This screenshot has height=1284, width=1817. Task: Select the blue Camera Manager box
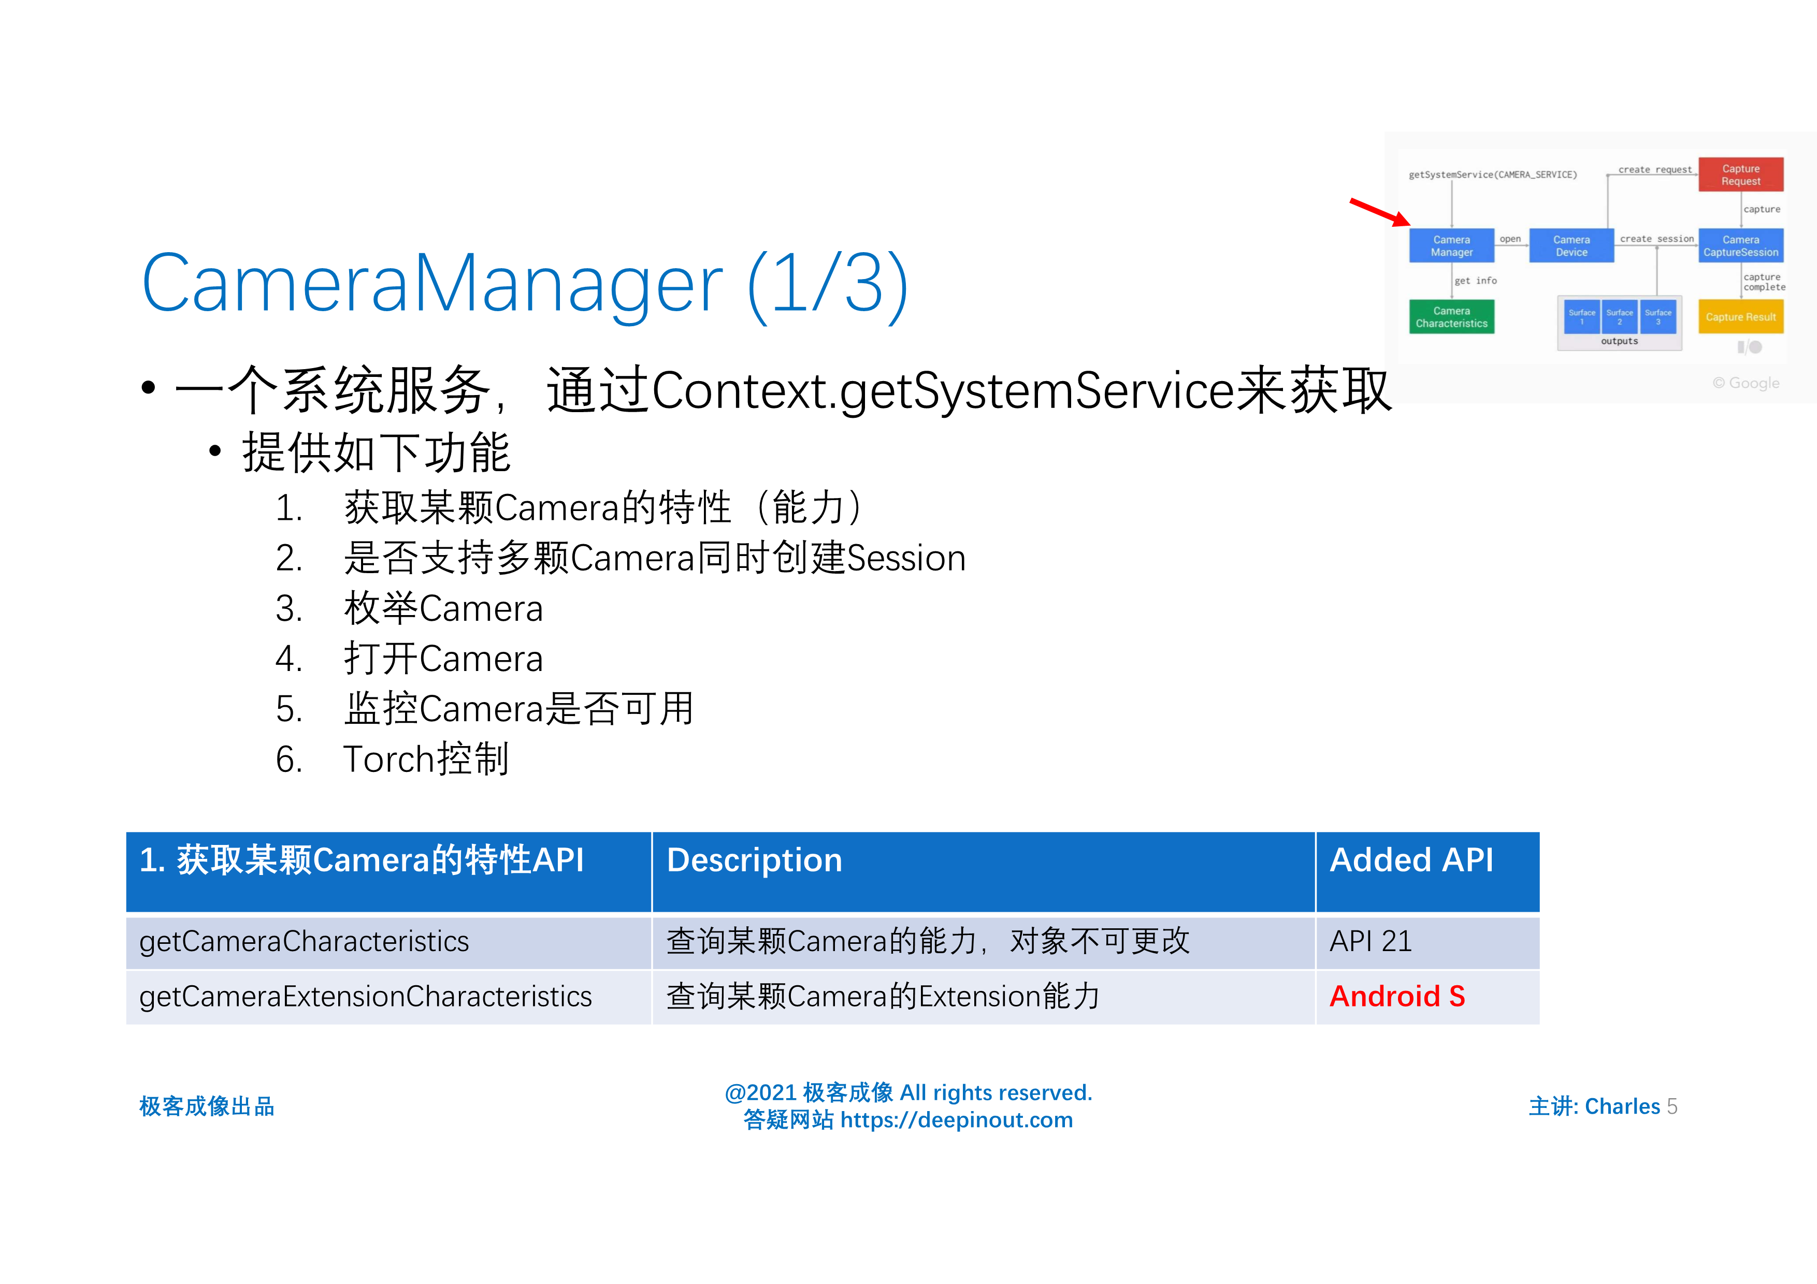[x=1451, y=246]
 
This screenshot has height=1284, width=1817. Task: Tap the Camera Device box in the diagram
[x=1571, y=246]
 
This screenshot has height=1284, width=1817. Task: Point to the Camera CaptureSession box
[x=1740, y=246]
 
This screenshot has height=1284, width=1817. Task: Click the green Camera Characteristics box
[x=1451, y=316]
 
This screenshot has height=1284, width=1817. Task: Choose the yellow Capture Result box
[x=1740, y=316]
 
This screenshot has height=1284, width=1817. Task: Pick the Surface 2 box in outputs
[x=1619, y=316]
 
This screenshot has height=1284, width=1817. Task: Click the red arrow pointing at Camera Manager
[x=1379, y=212]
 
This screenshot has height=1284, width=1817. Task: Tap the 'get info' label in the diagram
[x=1475, y=281]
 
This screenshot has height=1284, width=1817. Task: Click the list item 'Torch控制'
[x=426, y=758]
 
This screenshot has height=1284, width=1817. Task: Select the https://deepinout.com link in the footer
[x=956, y=1120]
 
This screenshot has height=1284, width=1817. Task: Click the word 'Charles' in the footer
[x=1622, y=1106]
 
